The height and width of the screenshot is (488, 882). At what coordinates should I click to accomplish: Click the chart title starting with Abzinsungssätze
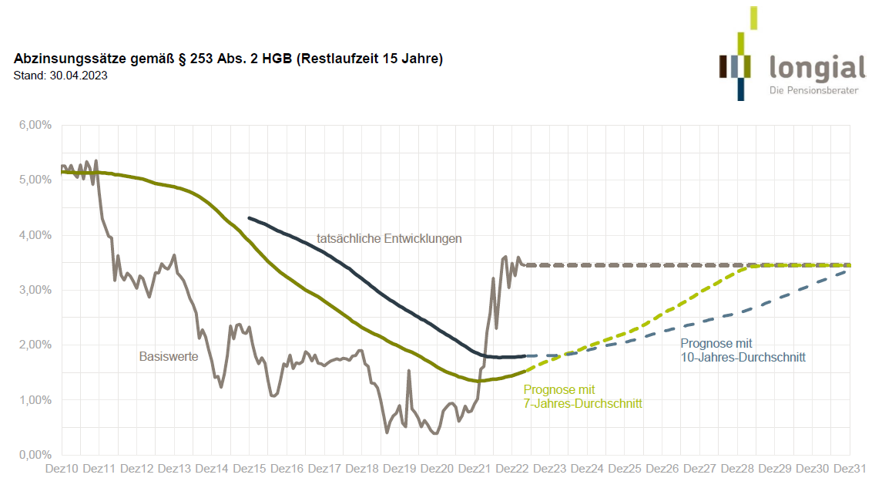[229, 59]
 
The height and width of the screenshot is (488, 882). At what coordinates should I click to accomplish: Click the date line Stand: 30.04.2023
[60, 76]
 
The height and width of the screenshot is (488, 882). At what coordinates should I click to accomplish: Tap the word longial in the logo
[817, 68]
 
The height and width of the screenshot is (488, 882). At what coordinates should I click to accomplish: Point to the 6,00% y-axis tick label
[35, 125]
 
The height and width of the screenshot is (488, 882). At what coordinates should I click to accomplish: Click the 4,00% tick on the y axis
[35, 235]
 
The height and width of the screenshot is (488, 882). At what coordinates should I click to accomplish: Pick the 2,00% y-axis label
[35, 345]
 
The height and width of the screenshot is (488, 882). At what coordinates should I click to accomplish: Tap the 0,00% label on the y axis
[35, 455]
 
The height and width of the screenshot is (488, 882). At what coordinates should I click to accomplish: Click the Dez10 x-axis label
[62, 469]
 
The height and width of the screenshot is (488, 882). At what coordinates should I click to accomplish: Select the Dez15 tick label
[250, 469]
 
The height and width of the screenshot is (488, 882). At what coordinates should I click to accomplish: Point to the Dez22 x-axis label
[512, 469]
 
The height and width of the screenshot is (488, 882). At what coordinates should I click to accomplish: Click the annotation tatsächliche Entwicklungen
[389, 239]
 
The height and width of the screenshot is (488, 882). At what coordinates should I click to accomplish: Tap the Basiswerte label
[169, 357]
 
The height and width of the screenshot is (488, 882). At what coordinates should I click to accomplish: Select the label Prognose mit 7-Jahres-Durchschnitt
[582, 396]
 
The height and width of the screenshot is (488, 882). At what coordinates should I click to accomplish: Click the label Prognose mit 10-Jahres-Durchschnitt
[743, 351]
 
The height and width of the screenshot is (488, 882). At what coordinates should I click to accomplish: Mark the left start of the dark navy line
[249, 218]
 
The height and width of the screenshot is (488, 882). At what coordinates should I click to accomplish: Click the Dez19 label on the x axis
[400, 469]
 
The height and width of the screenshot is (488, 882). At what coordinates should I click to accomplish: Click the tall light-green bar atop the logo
[753, 18]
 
